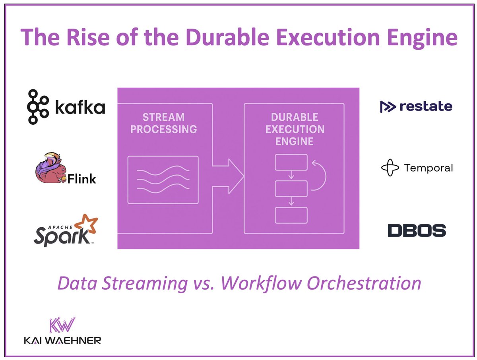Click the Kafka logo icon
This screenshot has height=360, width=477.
(38, 107)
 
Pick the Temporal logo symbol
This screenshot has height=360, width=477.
(390, 168)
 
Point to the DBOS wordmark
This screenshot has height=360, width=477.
(417, 230)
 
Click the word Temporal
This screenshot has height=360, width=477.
(428, 168)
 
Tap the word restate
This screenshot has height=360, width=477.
(425, 106)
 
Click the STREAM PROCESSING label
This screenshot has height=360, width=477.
(163, 123)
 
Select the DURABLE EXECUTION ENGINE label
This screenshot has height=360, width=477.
(294, 129)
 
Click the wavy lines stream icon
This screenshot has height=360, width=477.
(163, 180)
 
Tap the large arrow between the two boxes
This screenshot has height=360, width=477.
(229, 175)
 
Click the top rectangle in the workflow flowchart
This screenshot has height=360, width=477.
(291, 162)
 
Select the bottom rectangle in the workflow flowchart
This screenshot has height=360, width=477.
(291, 215)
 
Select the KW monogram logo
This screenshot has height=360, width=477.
(62, 325)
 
